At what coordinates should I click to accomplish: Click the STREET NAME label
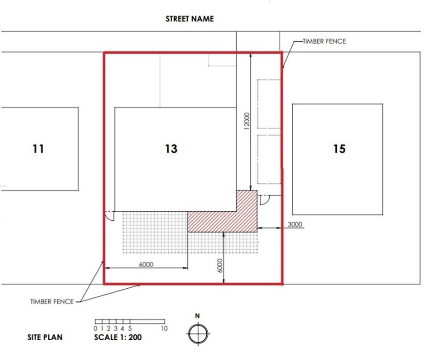[190, 19]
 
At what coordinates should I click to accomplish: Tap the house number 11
[38, 149]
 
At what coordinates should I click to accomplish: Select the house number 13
[171, 149]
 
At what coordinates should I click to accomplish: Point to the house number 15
[339, 149]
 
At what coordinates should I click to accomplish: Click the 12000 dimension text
[247, 121]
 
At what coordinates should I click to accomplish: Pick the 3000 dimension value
[295, 225]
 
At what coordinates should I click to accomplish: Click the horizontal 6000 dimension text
[146, 264]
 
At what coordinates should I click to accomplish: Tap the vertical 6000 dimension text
[220, 266]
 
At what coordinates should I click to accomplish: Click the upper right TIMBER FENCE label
[324, 41]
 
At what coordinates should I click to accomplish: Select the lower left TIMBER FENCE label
[52, 302]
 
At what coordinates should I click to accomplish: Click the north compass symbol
[198, 334]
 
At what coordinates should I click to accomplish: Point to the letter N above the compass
[197, 316]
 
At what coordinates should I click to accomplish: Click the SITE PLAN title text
[45, 337]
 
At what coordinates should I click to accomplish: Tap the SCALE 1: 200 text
[118, 337]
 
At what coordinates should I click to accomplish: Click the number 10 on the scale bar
[164, 328]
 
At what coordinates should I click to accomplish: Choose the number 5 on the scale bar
[130, 328]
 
